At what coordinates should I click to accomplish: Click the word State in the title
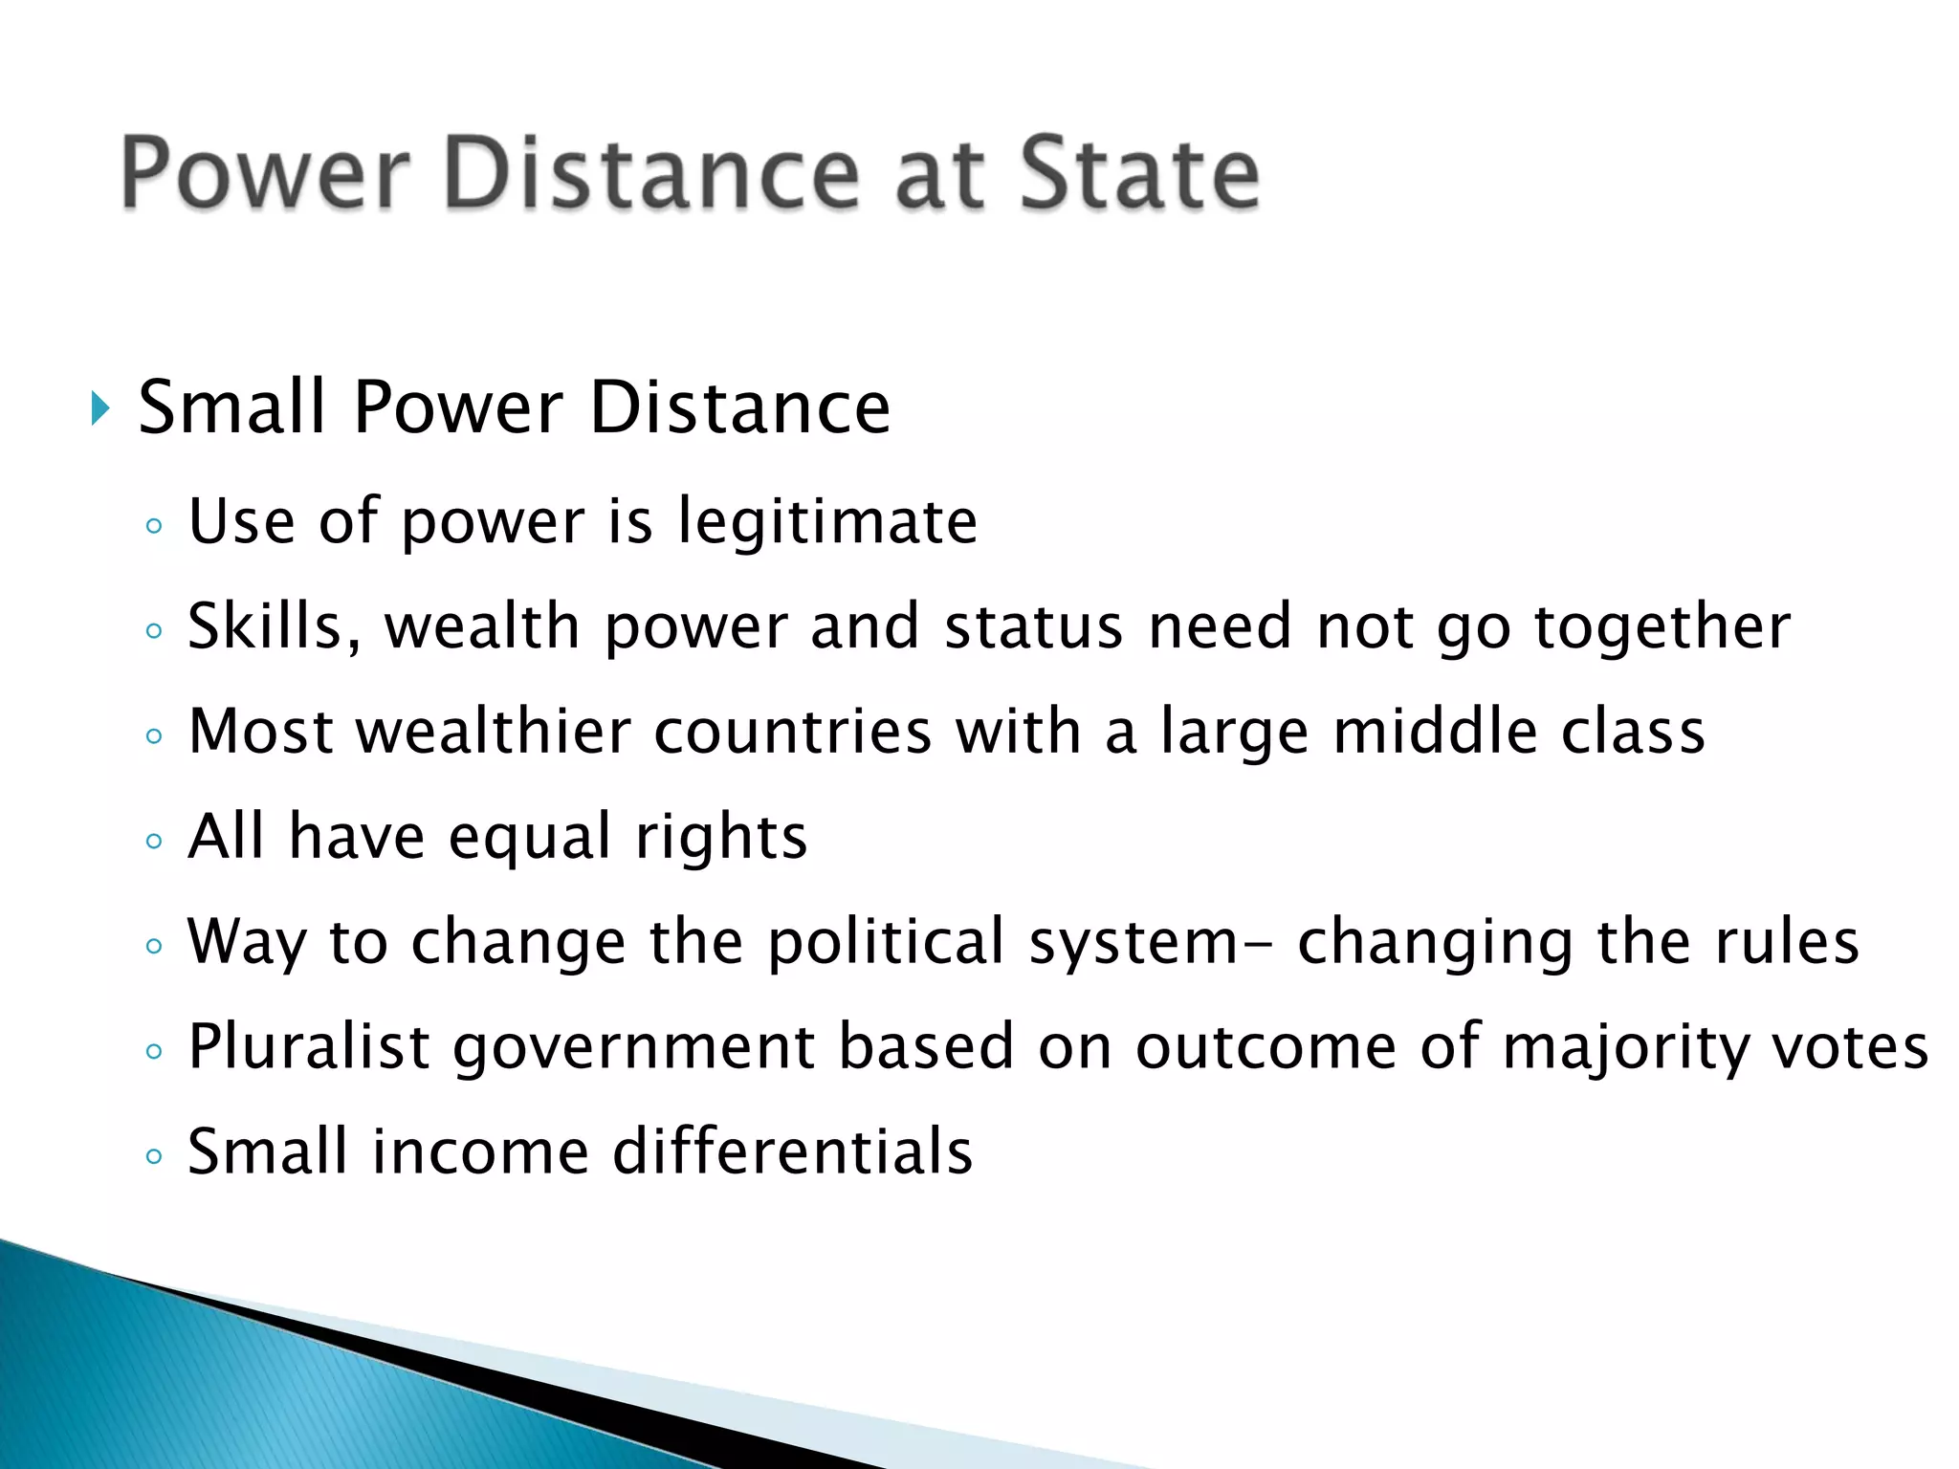[1139, 174]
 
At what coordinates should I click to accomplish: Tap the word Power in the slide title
[266, 174]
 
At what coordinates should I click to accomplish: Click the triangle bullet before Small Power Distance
[100, 408]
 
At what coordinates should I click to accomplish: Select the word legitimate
[827, 522]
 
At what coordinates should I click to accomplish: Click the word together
[1662, 627]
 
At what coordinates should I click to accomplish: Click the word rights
[721, 838]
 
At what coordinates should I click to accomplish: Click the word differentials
[792, 1151]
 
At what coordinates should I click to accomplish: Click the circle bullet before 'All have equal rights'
[154, 842]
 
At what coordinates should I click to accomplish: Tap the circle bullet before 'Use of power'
[154, 526]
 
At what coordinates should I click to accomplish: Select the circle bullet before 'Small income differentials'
[154, 1156]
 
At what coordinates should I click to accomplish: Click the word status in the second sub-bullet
[1033, 627]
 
